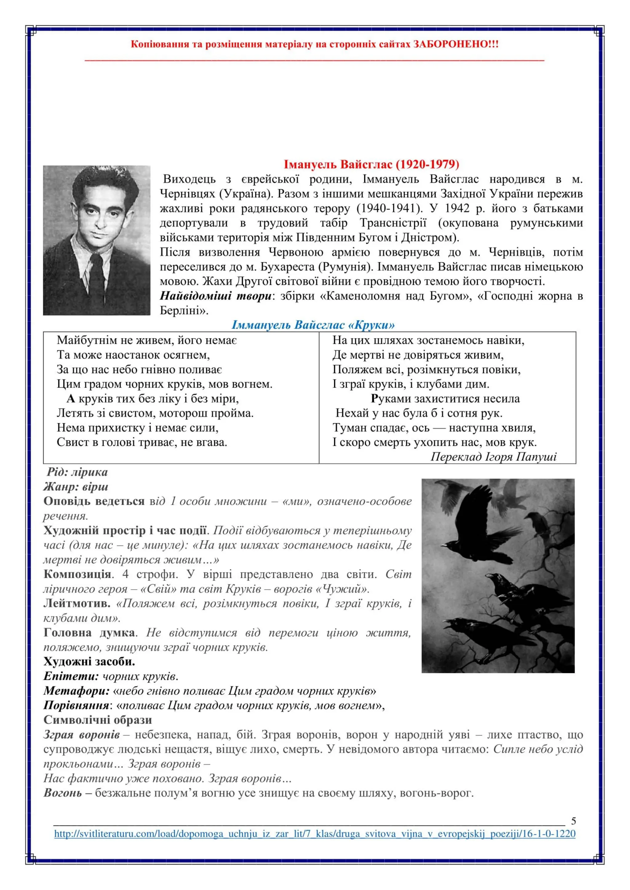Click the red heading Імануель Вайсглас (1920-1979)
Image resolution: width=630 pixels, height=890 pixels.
coord(371,164)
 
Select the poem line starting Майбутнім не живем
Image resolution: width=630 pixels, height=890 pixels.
coord(147,340)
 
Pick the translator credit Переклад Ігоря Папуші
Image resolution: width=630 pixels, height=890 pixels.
coord(493,457)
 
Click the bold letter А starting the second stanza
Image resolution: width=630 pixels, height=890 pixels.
coord(70,399)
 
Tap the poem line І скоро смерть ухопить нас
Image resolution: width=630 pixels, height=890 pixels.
coord(434,442)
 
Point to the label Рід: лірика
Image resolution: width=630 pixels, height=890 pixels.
coord(77,472)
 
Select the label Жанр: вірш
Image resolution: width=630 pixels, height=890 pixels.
coord(76,486)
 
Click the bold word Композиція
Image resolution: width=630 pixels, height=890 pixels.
coord(77,574)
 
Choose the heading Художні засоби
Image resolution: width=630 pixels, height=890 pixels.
coord(89,661)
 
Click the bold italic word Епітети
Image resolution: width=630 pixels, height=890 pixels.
coord(71,676)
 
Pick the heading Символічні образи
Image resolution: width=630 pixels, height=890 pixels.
coord(98,720)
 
